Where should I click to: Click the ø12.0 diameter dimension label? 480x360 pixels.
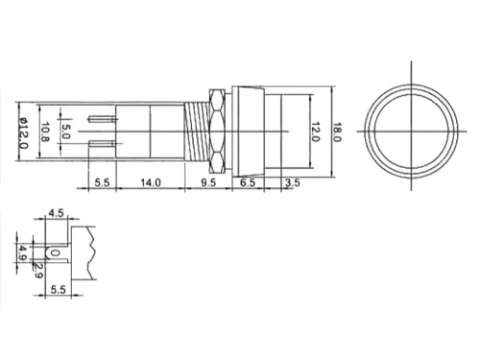(x=24, y=133)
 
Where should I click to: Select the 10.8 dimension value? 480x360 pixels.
(x=45, y=132)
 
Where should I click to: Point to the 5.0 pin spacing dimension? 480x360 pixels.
(x=65, y=132)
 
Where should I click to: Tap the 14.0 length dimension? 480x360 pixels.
(x=151, y=182)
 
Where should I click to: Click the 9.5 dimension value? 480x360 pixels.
(x=208, y=182)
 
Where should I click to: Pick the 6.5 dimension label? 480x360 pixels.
(x=248, y=182)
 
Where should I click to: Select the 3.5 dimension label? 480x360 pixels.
(x=293, y=183)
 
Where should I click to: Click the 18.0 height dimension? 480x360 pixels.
(x=338, y=132)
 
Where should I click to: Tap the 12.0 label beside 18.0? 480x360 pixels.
(x=316, y=132)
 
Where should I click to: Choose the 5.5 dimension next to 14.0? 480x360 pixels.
(x=102, y=182)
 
